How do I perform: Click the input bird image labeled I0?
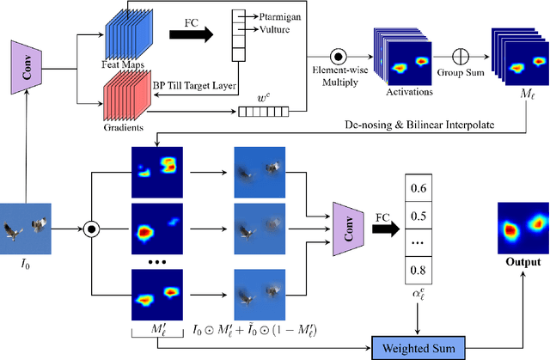pyautogui.click(x=27, y=229)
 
